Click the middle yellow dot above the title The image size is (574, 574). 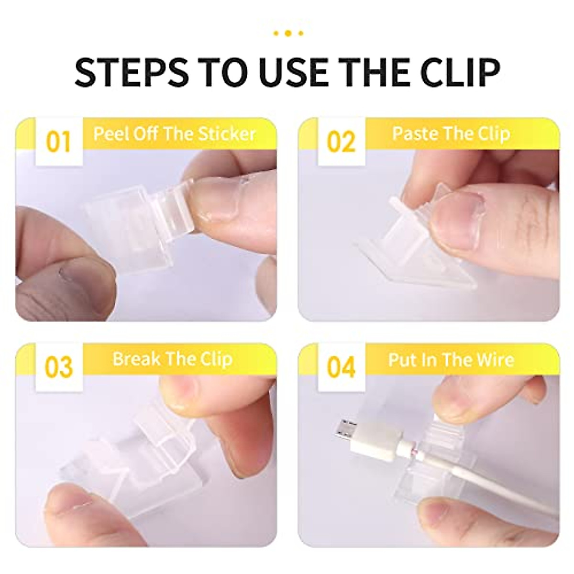tap(287, 33)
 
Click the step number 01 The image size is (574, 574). tap(58, 143)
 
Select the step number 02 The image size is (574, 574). tap(341, 143)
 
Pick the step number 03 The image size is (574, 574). tap(58, 367)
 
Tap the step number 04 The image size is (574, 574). tap(341, 367)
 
